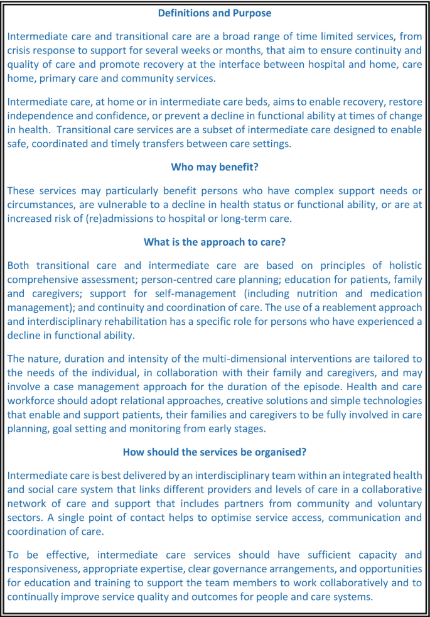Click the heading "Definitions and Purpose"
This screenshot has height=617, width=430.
coord(215,13)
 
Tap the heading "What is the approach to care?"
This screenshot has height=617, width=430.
coord(215,242)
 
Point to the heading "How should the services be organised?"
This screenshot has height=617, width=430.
coord(215,452)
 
